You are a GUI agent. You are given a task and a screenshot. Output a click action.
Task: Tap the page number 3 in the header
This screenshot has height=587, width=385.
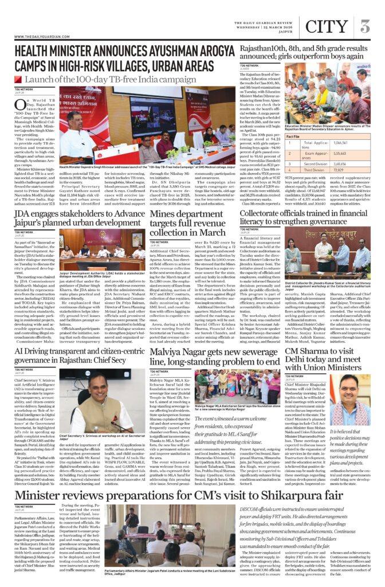point(365,26)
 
